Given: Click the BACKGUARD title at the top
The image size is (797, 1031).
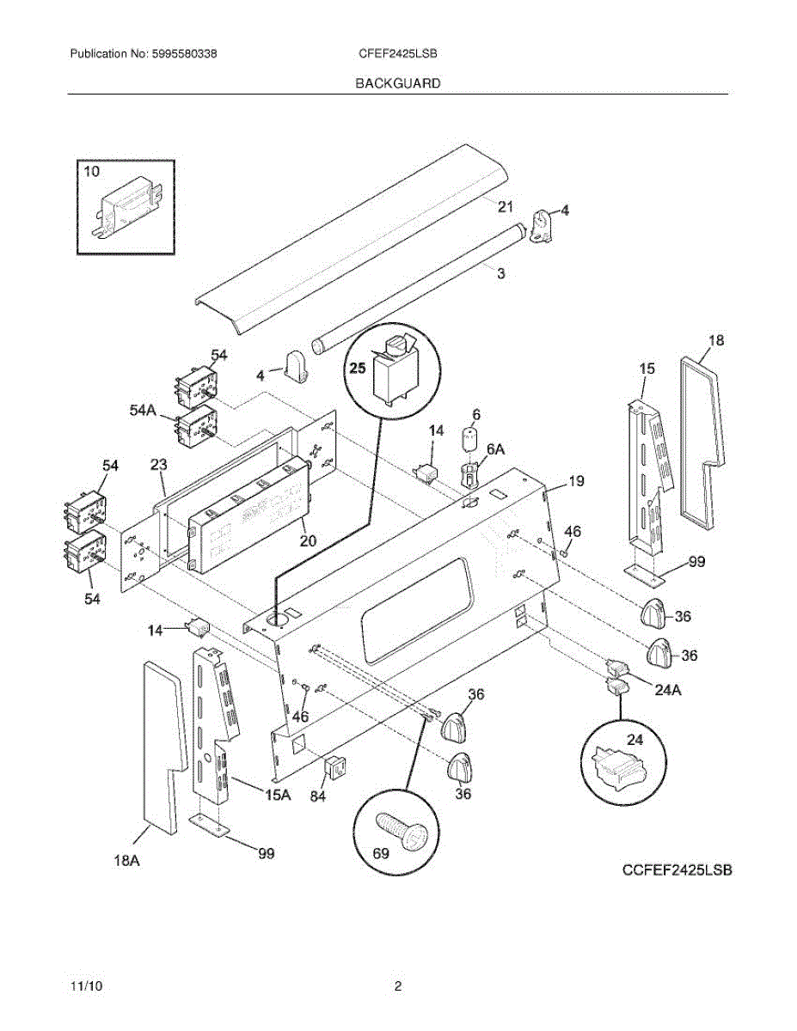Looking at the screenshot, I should point(398,83).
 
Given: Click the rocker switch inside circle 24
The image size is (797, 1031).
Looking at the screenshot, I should point(619,764).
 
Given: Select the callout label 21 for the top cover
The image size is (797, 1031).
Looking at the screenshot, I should point(505,205).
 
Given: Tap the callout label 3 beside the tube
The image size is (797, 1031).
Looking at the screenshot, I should point(501,273).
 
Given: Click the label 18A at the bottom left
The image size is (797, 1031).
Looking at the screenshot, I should point(126,859).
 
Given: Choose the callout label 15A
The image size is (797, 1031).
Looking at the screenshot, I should point(277,796).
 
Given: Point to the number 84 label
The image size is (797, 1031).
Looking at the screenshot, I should point(318,796).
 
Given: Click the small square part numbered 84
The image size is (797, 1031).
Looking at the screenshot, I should point(334,767).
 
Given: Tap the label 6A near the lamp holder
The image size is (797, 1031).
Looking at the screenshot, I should point(496,449).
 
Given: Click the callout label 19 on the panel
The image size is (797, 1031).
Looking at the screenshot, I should point(576,481).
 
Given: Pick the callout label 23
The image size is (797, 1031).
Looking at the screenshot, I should point(158,466).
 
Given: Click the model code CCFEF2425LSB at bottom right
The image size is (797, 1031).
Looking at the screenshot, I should point(677,870).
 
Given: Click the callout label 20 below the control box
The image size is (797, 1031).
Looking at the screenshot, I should point(308,540).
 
